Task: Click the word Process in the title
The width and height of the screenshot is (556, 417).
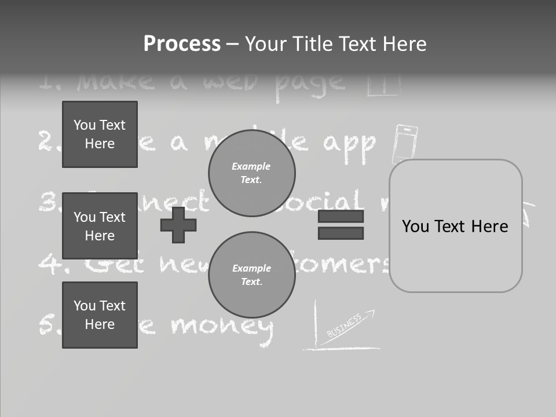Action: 182,44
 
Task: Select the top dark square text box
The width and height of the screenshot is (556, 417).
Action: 100,134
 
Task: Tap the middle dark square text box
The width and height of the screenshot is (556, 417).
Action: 100,226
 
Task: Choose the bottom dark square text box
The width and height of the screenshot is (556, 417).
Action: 100,315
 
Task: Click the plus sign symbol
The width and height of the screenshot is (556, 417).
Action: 178,225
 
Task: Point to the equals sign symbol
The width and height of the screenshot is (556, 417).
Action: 341,225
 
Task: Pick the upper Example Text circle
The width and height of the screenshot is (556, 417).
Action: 251,173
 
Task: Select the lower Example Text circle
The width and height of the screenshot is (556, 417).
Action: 251,275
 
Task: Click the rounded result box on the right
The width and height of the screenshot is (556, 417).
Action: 455,226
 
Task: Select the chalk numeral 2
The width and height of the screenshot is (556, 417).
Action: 46,141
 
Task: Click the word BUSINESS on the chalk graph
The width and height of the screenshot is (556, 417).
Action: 344,325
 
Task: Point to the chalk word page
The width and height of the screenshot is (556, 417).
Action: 309,83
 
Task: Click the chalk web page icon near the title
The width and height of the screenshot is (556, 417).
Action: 383,85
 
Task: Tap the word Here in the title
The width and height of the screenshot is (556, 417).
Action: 403,44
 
